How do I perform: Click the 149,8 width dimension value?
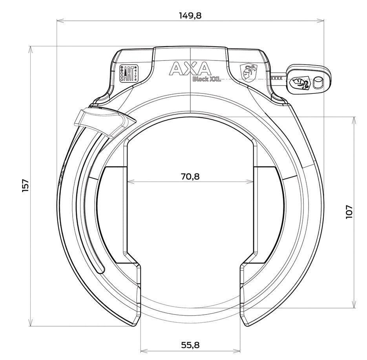pos(190,15)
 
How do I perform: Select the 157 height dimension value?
pos(26,186)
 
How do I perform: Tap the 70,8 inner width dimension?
pos(190,176)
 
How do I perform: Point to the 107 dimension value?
pos(349,212)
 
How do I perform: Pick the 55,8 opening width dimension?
pos(190,345)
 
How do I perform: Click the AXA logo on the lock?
pos(190,69)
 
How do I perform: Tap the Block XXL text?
pos(206,79)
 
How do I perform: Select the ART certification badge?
pos(128,73)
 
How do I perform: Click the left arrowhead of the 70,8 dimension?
pos(130,182)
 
